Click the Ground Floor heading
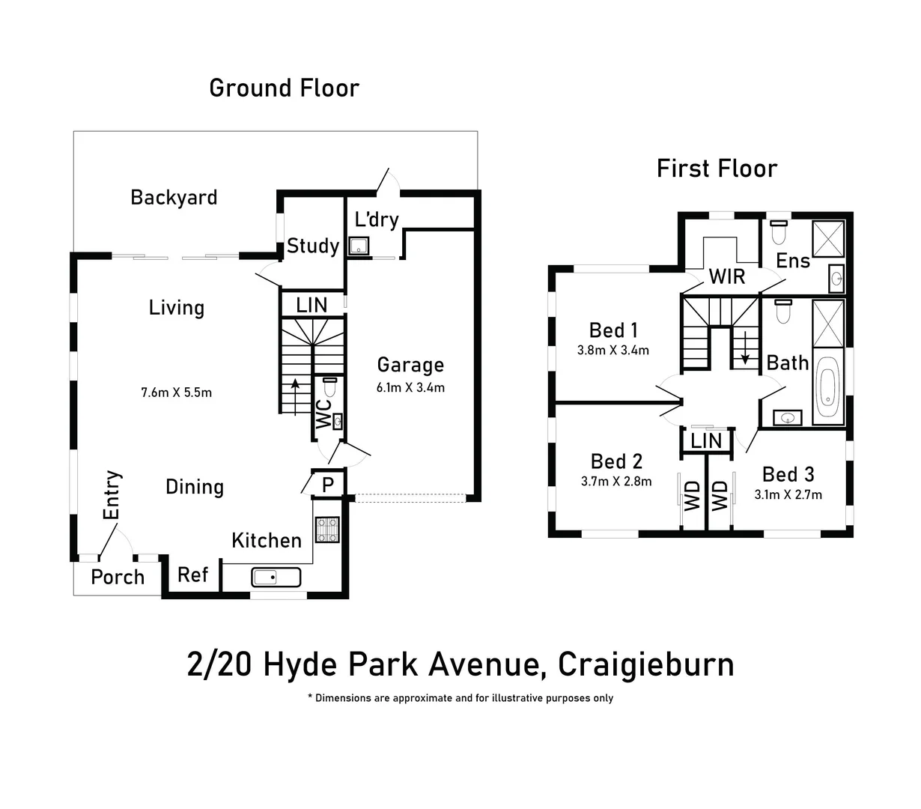point(284,88)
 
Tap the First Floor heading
point(717,169)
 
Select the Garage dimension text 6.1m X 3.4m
point(410,388)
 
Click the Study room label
point(313,246)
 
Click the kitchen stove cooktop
point(327,530)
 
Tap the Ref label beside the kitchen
point(192,575)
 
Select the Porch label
point(118,578)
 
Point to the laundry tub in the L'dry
point(359,245)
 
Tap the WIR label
point(727,276)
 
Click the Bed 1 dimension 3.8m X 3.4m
point(613,350)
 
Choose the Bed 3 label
point(788,474)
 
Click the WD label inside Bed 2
point(693,496)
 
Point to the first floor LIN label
point(705,441)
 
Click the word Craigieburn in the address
point(646,665)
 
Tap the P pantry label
point(327,485)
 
